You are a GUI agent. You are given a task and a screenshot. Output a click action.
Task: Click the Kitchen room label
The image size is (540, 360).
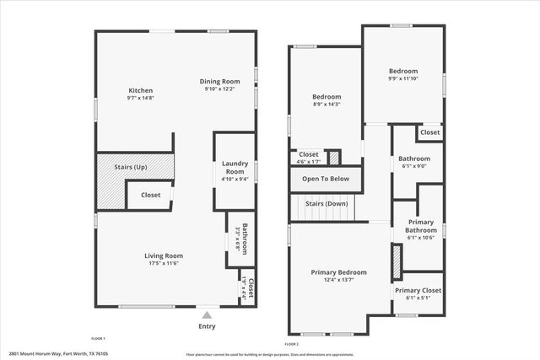[140, 91]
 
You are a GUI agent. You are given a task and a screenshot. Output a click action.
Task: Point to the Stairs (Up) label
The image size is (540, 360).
[131, 167]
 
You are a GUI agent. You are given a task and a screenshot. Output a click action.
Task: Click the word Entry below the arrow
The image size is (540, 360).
[207, 326]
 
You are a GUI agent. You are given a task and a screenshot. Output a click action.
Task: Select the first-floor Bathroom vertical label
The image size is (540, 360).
[244, 238]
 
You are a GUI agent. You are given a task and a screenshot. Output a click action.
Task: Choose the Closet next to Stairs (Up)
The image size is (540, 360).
[150, 195]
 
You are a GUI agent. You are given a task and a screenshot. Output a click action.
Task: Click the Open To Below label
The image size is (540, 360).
[326, 179]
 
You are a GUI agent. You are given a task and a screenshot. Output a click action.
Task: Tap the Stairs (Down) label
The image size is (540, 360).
[326, 204]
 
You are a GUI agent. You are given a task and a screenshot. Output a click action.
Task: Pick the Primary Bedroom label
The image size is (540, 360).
[339, 272]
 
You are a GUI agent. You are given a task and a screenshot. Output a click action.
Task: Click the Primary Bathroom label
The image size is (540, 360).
[420, 226]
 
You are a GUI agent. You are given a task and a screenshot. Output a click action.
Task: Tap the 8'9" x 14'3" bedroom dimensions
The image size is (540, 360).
[327, 105]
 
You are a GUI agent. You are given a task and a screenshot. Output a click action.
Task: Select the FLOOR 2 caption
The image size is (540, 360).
[292, 345]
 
